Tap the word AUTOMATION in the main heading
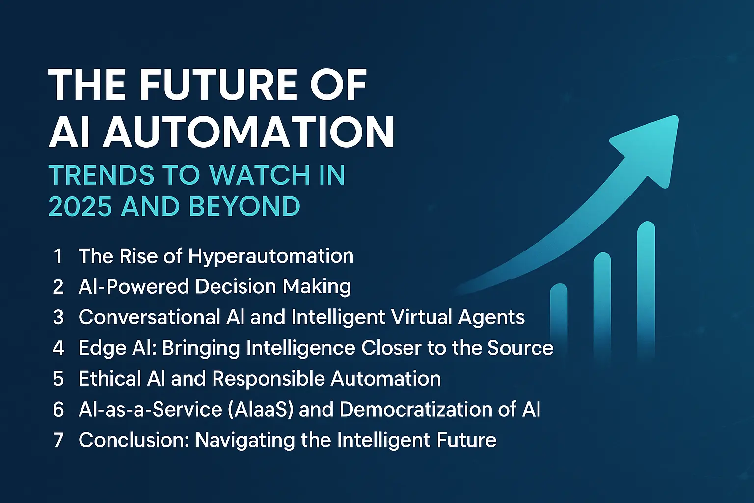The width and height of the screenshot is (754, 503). pos(248,132)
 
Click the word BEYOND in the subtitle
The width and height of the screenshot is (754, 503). pos(244,206)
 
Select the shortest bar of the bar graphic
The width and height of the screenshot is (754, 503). pos(559,319)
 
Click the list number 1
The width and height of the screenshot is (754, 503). pos(58,256)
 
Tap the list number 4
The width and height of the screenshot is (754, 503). pos(58,348)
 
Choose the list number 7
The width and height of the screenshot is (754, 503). pos(58,440)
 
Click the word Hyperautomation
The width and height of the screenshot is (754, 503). pos(271,256)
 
